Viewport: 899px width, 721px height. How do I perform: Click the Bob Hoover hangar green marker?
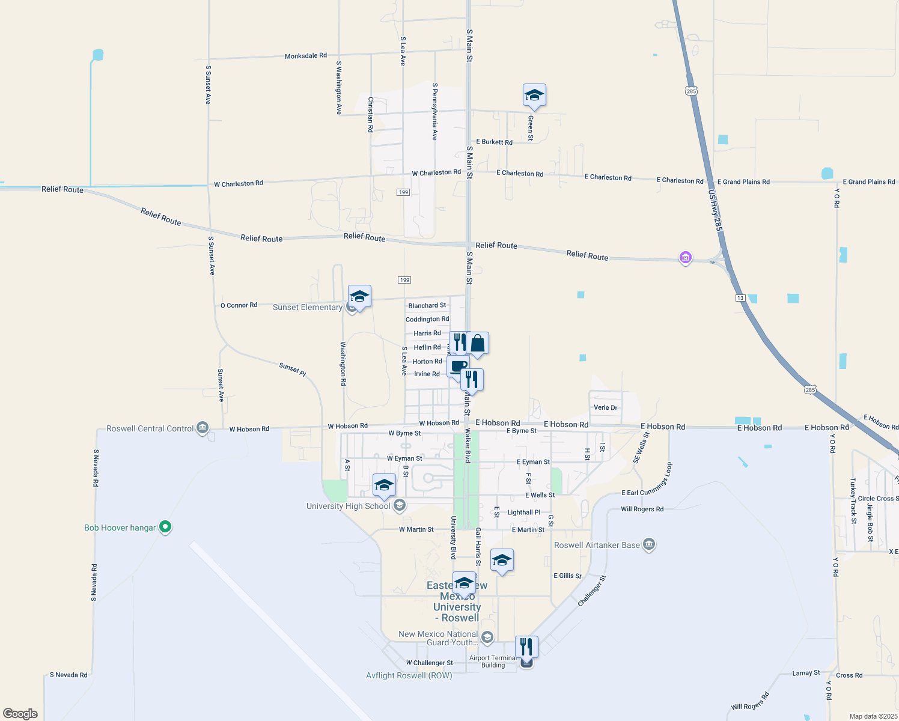[x=165, y=527]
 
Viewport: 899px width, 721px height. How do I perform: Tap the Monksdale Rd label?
[x=306, y=56]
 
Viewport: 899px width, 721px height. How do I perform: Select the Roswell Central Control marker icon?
[x=203, y=428]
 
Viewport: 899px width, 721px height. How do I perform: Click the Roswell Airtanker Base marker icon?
[x=648, y=544]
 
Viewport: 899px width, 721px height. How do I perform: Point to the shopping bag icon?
[x=478, y=344]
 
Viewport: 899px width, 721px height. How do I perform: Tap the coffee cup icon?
[x=459, y=366]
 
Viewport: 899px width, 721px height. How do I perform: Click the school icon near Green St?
[x=534, y=95]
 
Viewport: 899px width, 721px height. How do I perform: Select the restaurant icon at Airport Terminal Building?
[x=526, y=647]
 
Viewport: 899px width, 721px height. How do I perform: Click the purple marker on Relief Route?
[x=685, y=258]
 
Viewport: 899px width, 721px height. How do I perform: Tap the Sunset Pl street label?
[x=293, y=369]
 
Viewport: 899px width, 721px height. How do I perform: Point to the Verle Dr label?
[x=605, y=407]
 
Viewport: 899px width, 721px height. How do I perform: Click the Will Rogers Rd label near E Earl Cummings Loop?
[x=642, y=509]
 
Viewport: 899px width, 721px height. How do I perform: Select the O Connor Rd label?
[x=239, y=305]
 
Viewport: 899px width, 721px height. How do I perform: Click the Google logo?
[x=20, y=714]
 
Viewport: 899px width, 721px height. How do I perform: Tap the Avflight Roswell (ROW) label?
[x=409, y=675]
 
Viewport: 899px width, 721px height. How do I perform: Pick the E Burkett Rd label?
[x=494, y=142]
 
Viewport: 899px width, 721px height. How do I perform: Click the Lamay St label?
[x=806, y=673]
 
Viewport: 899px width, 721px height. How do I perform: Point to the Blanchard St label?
[x=427, y=306]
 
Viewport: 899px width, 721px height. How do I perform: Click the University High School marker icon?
[x=399, y=506]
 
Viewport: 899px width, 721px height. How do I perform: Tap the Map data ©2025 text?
[x=873, y=716]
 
